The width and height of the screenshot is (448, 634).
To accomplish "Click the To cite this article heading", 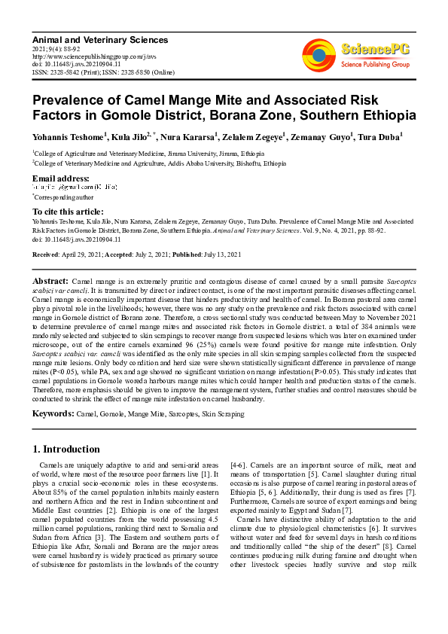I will tap(68, 212).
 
